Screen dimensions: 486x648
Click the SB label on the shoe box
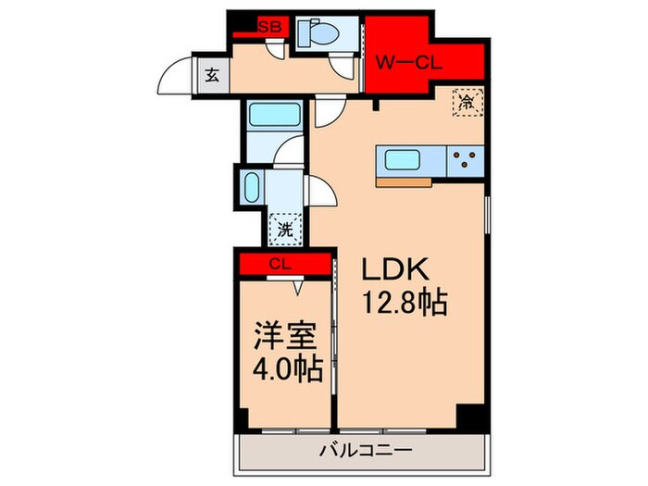(269, 27)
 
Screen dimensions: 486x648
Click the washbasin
(250, 189)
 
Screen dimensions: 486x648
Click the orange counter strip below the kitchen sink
(405, 181)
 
